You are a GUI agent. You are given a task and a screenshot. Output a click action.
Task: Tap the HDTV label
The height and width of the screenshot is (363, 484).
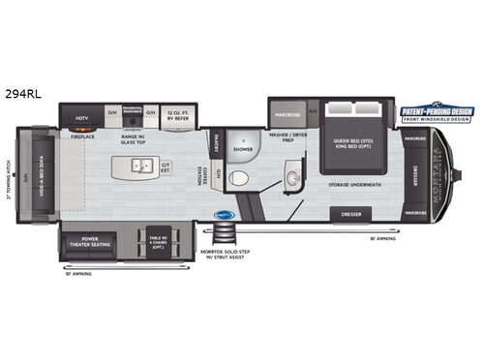[x=82, y=119]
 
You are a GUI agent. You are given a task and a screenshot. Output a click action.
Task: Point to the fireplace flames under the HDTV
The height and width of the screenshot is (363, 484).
[x=82, y=129]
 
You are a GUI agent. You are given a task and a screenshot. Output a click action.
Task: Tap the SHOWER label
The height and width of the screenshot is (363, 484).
[x=243, y=150]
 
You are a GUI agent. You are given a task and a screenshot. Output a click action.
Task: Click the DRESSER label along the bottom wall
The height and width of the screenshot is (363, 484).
[x=349, y=213]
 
